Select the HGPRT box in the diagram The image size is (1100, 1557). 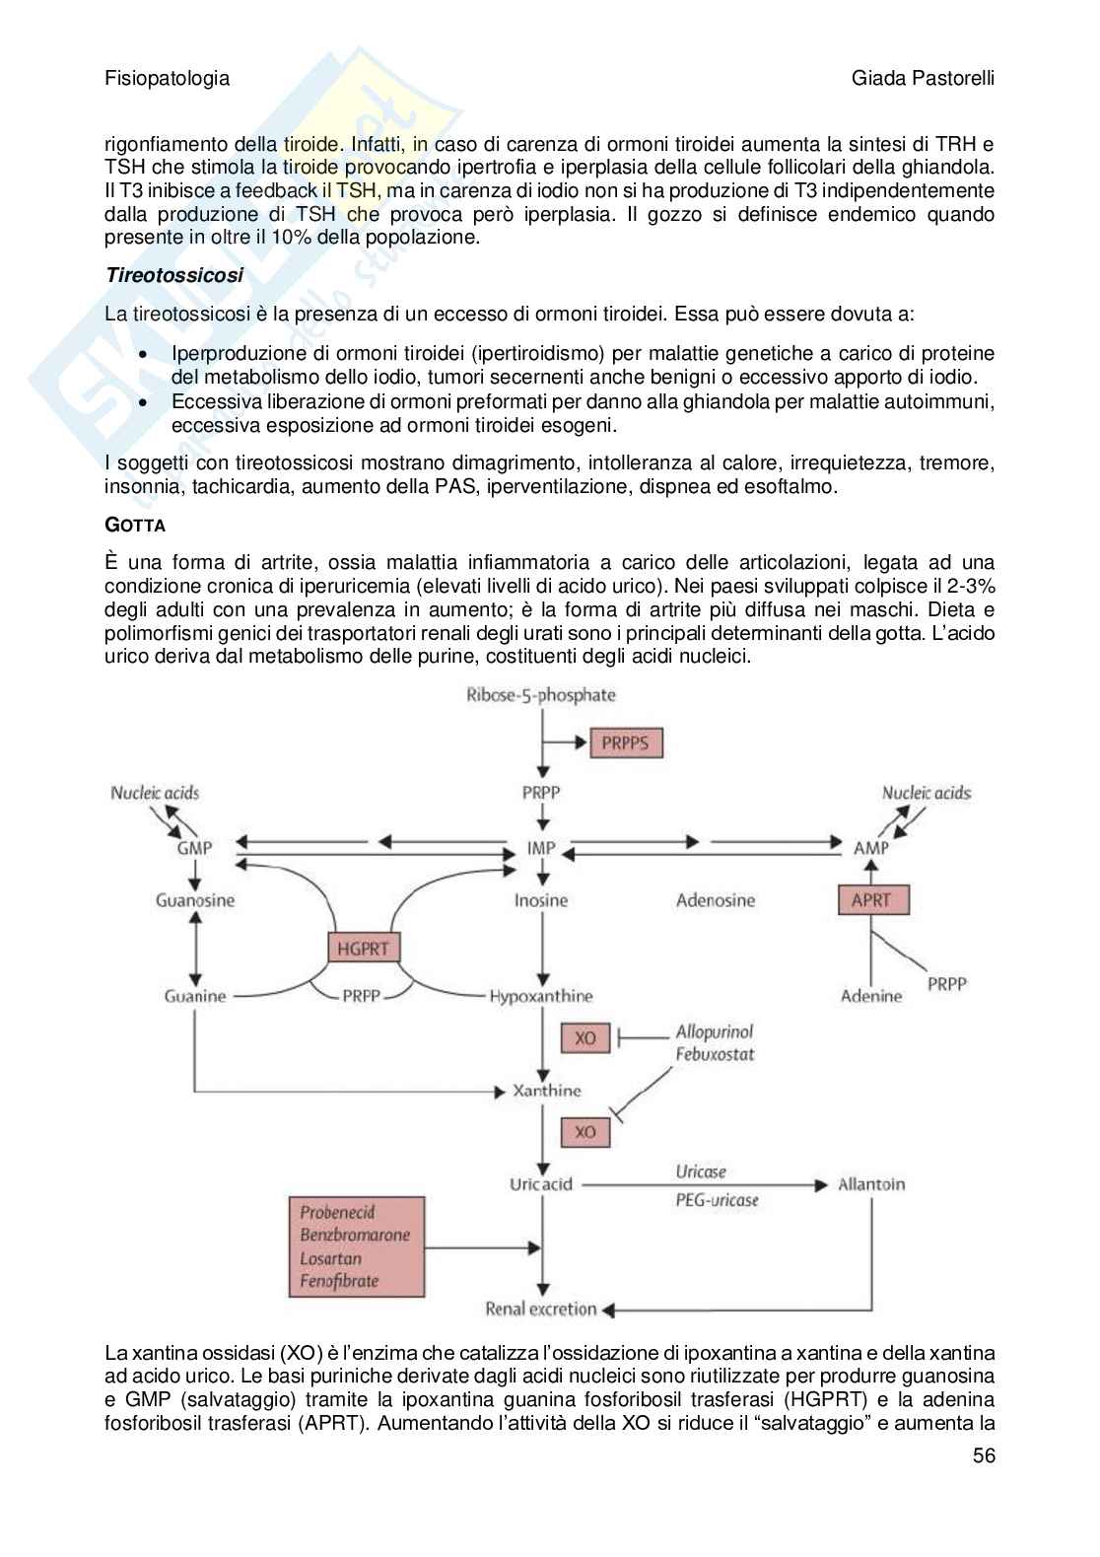click(364, 949)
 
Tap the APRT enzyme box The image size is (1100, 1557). click(871, 899)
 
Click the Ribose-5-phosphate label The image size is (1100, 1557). click(541, 695)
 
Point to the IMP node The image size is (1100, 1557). click(541, 847)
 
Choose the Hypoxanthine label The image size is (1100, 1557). click(541, 997)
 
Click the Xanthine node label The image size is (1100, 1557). click(548, 1091)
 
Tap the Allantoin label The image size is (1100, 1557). click(871, 1184)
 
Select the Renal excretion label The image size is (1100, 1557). click(541, 1309)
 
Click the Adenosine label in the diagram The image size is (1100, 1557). click(716, 900)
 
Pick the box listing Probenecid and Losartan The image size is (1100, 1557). click(356, 1246)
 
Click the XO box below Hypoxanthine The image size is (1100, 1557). click(585, 1038)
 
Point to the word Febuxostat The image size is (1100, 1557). click(716, 1054)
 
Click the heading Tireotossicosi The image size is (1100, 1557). click(174, 276)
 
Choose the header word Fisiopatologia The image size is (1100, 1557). click(167, 79)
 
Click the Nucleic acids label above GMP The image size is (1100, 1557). click(155, 793)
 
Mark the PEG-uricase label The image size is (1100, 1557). click(717, 1200)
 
